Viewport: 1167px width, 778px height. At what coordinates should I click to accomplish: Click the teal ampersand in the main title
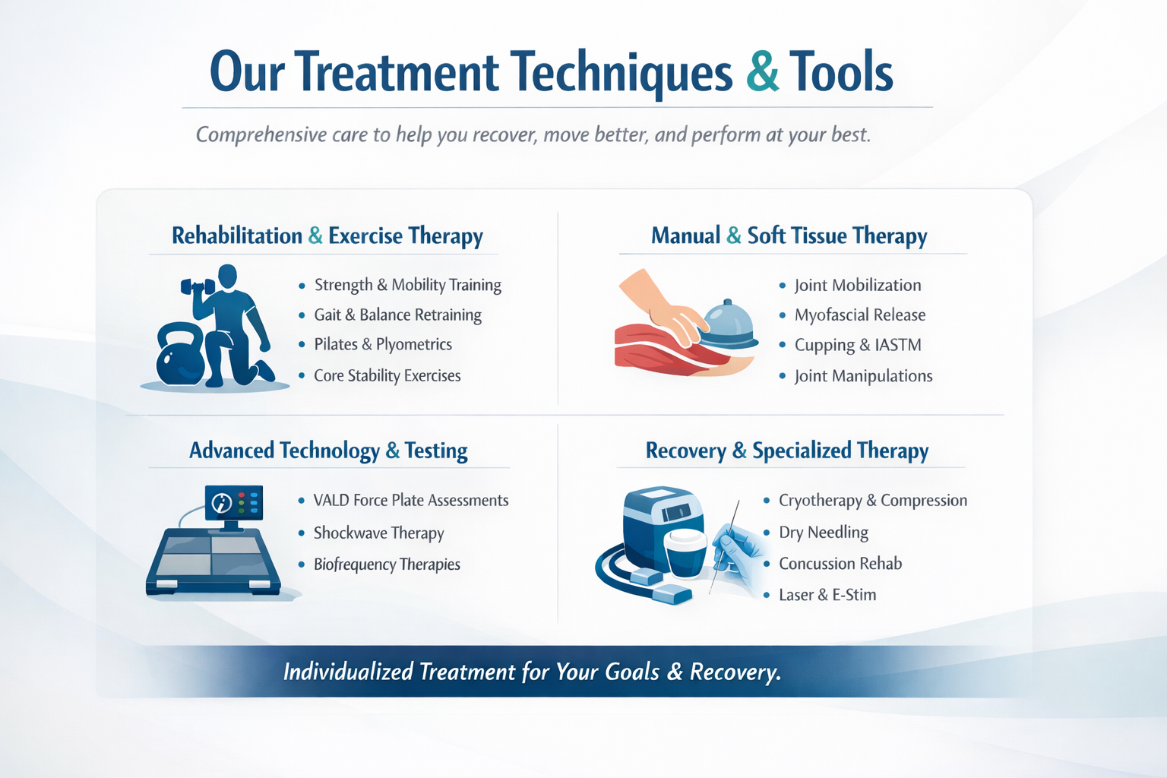tap(762, 73)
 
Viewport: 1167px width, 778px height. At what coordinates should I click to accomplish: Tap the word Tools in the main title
tap(841, 73)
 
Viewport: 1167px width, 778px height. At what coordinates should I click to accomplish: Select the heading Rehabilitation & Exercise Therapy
tap(327, 236)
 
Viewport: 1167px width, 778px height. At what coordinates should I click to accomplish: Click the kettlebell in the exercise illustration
tap(180, 356)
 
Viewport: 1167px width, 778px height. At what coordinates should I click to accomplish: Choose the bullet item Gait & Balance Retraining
tap(397, 315)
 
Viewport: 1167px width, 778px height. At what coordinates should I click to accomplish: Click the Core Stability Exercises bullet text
tap(387, 375)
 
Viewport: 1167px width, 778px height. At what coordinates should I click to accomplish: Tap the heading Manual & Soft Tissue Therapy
tap(789, 236)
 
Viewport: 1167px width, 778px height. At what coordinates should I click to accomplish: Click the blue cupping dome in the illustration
tap(728, 325)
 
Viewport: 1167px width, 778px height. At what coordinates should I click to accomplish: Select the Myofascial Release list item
tap(859, 315)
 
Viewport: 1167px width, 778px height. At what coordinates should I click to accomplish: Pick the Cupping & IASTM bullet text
tap(857, 345)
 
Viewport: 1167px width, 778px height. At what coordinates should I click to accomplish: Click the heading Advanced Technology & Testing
tap(328, 451)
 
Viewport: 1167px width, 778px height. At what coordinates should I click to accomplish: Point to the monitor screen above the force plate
tap(234, 502)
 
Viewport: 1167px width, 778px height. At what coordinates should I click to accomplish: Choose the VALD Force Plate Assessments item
tap(410, 501)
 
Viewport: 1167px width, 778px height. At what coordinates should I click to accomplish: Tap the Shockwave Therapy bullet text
tap(378, 533)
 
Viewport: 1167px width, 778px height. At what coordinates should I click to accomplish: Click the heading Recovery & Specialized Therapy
tap(786, 451)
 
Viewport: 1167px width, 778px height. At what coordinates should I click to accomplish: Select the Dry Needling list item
tap(823, 533)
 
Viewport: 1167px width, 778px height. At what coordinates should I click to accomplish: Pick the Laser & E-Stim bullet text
tap(827, 595)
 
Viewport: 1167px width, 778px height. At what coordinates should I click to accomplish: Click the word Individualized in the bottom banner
tap(347, 672)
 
